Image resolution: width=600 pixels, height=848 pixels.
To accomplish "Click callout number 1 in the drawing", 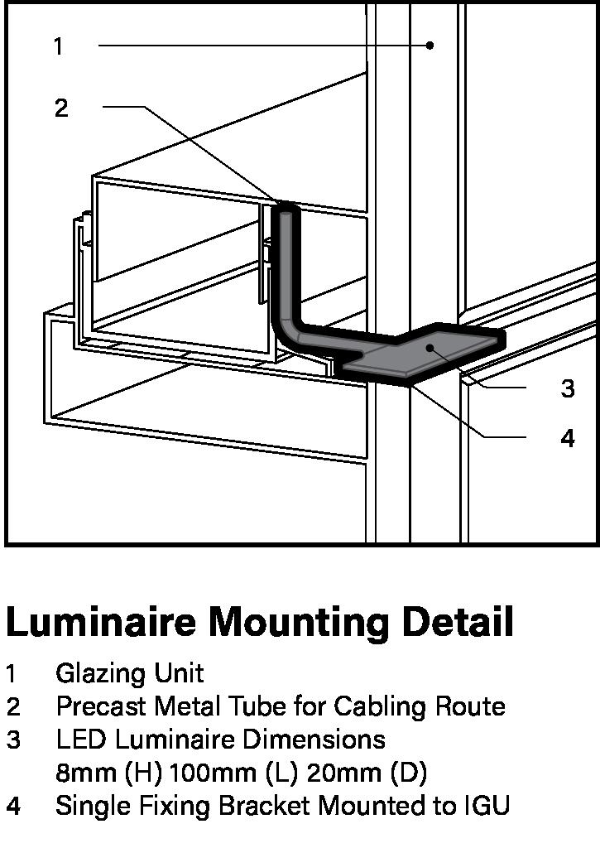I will click(x=58, y=46).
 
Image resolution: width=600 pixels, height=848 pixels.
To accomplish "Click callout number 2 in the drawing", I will click(x=61, y=108).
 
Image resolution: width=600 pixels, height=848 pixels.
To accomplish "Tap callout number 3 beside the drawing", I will click(x=568, y=388).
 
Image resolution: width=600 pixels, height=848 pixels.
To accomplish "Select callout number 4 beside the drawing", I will click(x=568, y=438).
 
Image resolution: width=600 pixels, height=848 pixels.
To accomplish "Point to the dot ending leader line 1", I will click(x=430, y=46).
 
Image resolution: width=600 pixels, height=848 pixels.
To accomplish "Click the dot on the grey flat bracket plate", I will click(x=429, y=349).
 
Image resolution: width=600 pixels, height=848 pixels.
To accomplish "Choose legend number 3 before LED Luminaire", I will click(x=13, y=739).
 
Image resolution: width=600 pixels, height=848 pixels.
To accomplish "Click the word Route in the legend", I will click(x=470, y=706).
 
